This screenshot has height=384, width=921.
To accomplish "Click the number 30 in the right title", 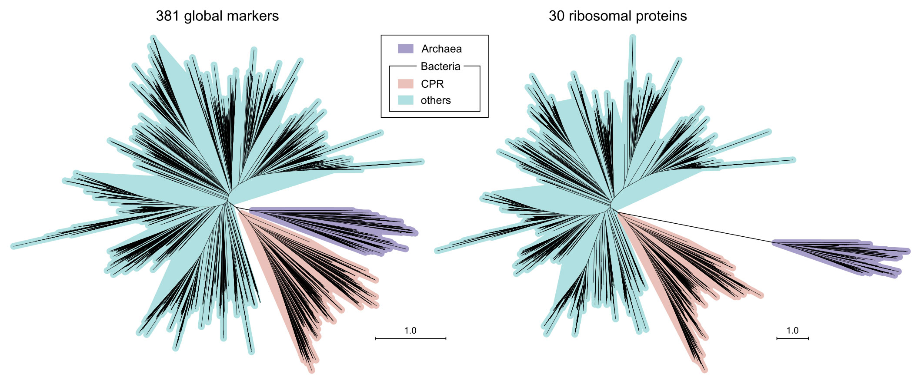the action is (x=558, y=16).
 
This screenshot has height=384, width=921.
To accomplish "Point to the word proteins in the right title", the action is (x=661, y=17).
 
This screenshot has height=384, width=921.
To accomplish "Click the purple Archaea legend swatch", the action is (x=405, y=48).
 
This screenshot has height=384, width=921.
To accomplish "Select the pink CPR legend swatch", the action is (x=405, y=83).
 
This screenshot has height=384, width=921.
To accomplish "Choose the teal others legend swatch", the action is (x=405, y=100).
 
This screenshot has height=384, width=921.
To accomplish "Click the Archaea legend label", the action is (x=441, y=49).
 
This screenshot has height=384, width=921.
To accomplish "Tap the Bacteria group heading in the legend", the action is (x=440, y=66).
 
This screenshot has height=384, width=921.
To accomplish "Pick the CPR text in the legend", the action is (x=432, y=84).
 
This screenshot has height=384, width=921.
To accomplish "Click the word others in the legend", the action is (x=436, y=100).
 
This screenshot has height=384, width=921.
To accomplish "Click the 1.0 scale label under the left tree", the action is (x=410, y=331).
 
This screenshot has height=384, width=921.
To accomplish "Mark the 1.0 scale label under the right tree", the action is (x=792, y=331).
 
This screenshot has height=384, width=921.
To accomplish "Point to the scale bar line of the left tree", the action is (x=410, y=338).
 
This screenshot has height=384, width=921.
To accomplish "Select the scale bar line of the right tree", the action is (x=793, y=338).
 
